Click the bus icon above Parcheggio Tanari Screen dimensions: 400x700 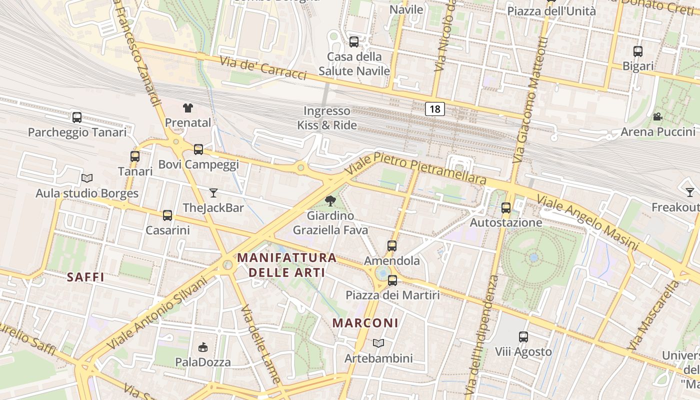click(77, 117)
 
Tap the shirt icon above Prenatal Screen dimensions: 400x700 click(187, 107)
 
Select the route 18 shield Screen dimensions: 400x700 click(435, 109)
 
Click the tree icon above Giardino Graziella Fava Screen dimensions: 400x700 click(330, 201)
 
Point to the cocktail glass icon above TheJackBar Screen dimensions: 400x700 click(213, 192)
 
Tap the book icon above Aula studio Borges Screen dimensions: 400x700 click(87, 178)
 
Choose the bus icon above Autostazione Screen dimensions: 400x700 click(506, 208)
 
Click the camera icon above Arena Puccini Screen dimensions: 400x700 click(657, 117)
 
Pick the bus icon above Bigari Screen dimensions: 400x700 click(637, 51)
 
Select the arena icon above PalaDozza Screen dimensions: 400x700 click(203, 347)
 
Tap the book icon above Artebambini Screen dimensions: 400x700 click(378, 343)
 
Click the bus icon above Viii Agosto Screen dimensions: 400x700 click(523, 337)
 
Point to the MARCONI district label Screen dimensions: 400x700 click(365, 323)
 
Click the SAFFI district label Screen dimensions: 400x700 click(85, 277)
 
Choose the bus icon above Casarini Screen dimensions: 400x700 click(167, 215)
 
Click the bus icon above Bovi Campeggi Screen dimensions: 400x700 click(198, 149)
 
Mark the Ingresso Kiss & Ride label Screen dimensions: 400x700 click(327, 118)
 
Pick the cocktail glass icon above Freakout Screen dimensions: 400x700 click(690, 192)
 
